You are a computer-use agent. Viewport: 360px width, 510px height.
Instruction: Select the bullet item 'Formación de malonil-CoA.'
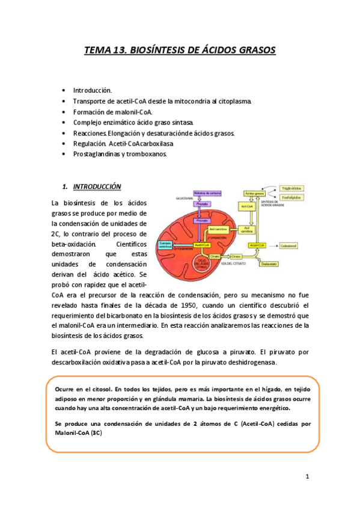pyautogui.click(x=112, y=111)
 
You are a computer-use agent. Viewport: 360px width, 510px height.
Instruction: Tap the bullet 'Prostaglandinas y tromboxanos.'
pyautogui.click(x=120, y=154)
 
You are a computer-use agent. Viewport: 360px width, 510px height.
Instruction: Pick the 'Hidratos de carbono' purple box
pyautogui.click(x=203, y=192)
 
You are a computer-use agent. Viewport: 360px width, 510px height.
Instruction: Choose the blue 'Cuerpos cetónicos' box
pyautogui.click(x=165, y=244)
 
